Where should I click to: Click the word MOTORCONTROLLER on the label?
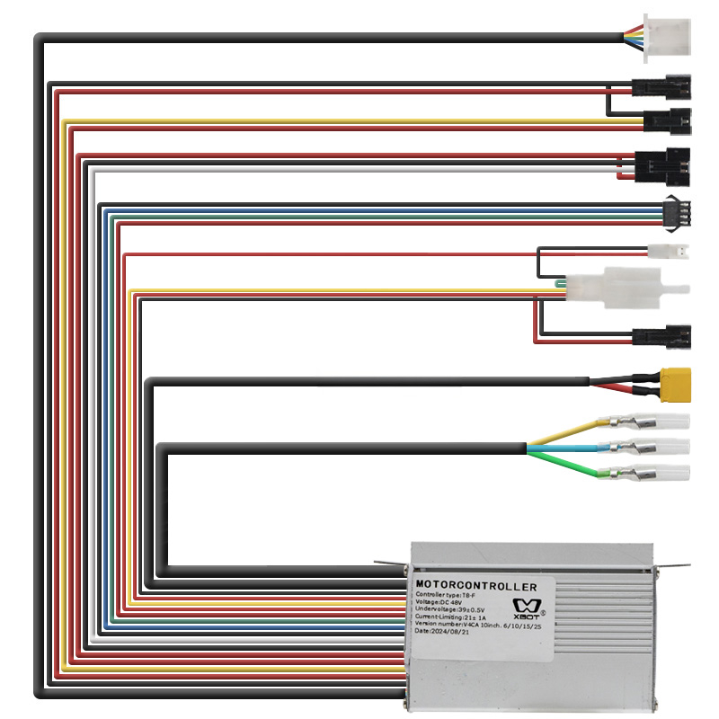tap(476, 587)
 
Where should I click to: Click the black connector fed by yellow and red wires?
tap(668, 119)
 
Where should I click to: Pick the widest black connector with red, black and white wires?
tap(661, 164)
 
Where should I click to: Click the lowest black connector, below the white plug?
tap(662, 337)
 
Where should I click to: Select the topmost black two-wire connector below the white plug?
tap(662, 87)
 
